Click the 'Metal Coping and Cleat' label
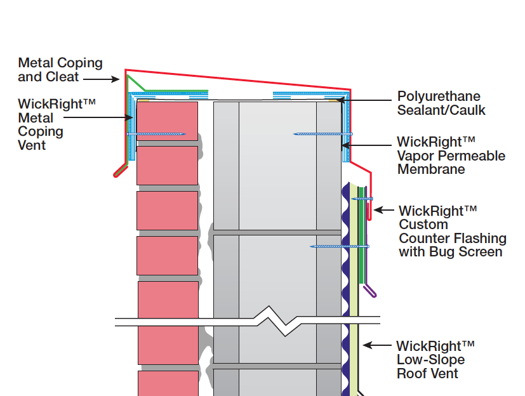coord(60,70)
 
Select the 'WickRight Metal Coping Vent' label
coord(41,124)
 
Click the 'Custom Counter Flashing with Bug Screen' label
coord(452,231)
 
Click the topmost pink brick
coord(167,122)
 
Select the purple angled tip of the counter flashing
coord(369,292)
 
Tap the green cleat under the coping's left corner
coord(137,84)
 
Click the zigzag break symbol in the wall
coord(273,320)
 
